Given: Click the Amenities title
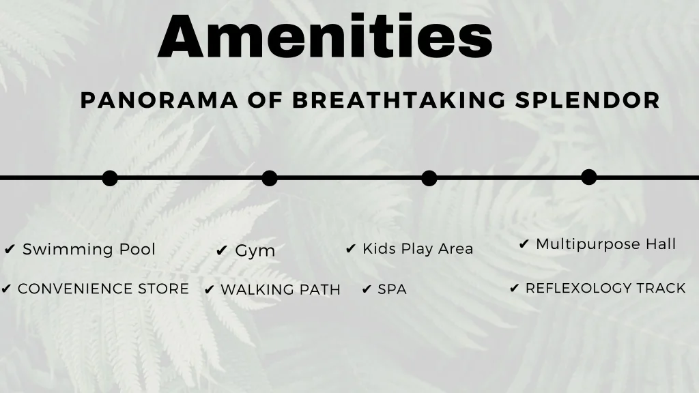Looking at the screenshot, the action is pyautogui.click(x=325, y=35).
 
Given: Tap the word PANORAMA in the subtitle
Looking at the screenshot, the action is pyautogui.click(x=159, y=100).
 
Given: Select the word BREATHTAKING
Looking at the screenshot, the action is pyautogui.click(x=399, y=100).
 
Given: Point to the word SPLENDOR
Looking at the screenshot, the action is pyautogui.click(x=588, y=100).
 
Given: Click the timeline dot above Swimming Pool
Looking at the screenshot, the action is pyautogui.click(x=110, y=178).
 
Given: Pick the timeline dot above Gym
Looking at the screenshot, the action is pyautogui.click(x=269, y=178).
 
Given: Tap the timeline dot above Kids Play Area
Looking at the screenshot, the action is pyautogui.click(x=429, y=178).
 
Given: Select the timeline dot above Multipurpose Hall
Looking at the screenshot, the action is pyautogui.click(x=589, y=177).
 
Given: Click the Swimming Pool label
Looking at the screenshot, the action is pyautogui.click(x=89, y=249).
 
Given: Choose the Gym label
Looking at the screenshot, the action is pyautogui.click(x=255, y=250).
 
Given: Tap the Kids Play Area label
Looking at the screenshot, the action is pyautogui.click(x=418, y=248).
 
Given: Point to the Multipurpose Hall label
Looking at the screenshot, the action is pyautogui.click(x=606, y=244).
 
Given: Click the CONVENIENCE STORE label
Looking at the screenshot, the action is pyautogui.click(x=104, y=289).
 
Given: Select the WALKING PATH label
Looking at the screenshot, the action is pyautogui.click(x=281, y=289).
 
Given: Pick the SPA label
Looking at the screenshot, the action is pyautogui.click(x=393, y=289).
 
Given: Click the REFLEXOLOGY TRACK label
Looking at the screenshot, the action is pyautogui.click(x=605, y=289).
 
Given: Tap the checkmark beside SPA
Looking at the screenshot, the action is pyautogui.click(x=367, y=289).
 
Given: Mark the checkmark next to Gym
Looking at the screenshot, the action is pyautogui.click(x=222, y=251).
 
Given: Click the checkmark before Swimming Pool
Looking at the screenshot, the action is pyautogui.click(x=10, y=249).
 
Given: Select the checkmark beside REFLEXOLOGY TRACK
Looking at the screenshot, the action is pyautogui.click(x=515, y=289).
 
